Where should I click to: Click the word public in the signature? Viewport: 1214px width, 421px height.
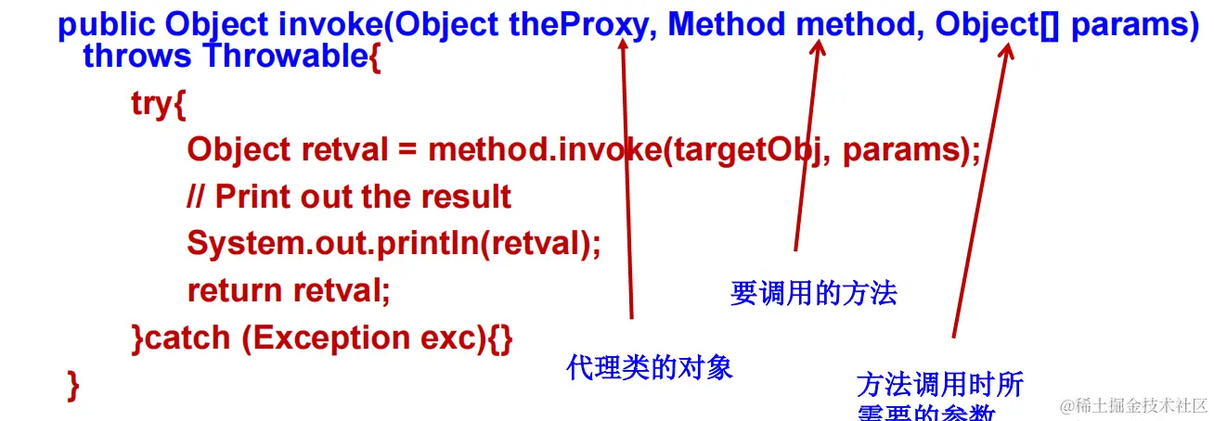click(x=108, y=24)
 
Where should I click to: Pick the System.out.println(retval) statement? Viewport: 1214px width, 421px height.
click(x=394, y=243)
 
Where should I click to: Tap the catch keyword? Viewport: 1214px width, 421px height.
click(x=188, y=338)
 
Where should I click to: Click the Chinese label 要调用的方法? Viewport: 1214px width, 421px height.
click(x=813, y=294)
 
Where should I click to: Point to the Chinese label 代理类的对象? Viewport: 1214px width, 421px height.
click(x=650, y=368)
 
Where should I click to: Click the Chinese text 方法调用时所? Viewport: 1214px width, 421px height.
click(x=939, y=385)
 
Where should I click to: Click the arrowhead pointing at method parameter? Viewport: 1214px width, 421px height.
click(x=817, y=47)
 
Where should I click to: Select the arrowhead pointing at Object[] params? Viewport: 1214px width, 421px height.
click(x=1007, y=51)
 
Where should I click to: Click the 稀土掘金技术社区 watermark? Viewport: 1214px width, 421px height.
click(x=1134, y=405)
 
